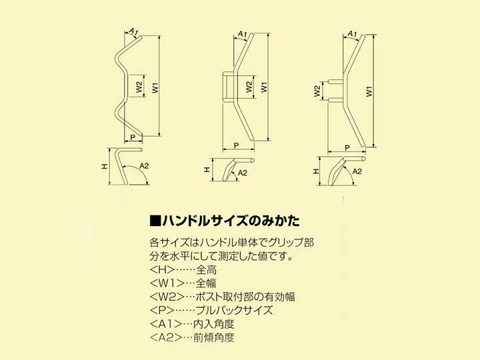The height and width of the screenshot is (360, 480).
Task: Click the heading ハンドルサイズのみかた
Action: click(231, 220)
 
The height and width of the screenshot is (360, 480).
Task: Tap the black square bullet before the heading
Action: click(154, 220)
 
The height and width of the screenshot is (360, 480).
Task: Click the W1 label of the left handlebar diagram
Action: click(155, 87)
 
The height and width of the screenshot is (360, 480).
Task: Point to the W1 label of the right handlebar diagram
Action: click(369, 91)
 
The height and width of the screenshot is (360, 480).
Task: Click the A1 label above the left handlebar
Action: click(132, 31)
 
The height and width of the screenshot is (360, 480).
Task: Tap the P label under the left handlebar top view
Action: click(133, 138)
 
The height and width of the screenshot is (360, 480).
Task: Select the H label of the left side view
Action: click(105, 167)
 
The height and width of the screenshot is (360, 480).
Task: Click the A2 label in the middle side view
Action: click(243, 173)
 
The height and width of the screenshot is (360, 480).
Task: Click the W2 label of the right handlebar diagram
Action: click(318, 91)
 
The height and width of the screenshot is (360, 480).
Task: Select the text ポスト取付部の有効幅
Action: click(252, 297)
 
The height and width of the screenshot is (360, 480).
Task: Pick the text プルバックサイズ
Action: click(241, 311)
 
